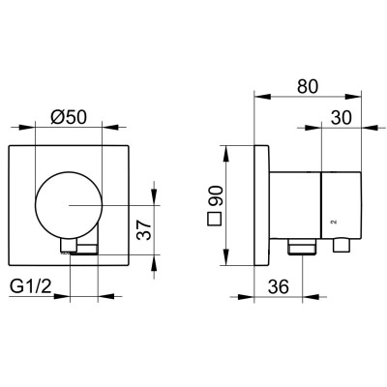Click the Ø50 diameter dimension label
[69, 117]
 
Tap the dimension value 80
[308, 86]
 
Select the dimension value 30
[342, 117]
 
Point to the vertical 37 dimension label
[144, 230]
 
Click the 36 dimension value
[279, 286]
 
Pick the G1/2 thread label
[31, 286]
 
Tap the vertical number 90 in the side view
[215, 196]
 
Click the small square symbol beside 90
[214, 220]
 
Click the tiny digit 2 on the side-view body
[334, 222]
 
